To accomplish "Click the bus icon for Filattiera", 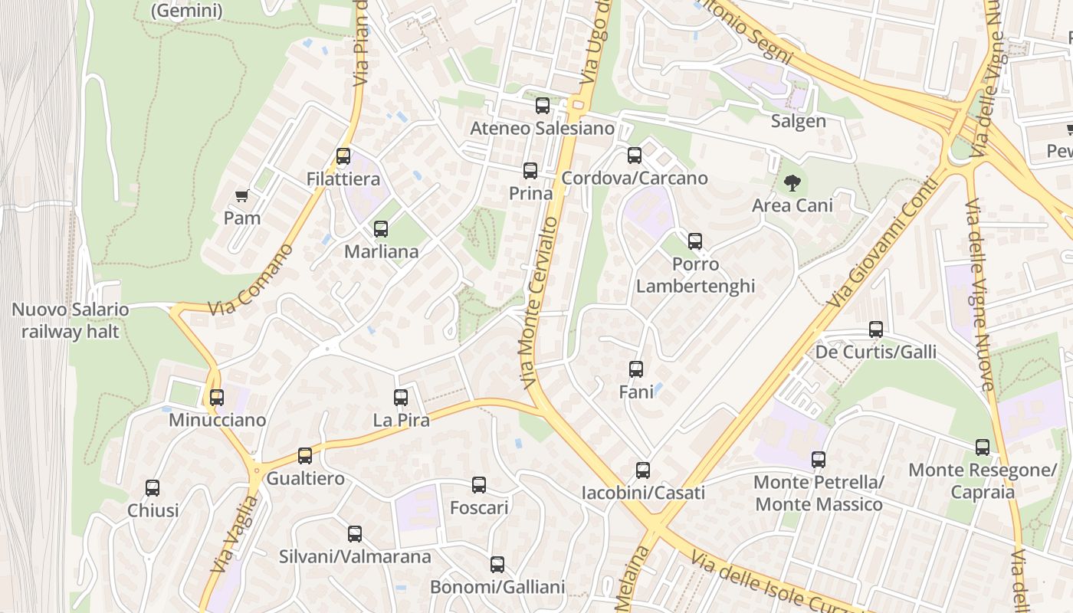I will click(343, 156).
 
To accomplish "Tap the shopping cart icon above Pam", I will click(242, 196).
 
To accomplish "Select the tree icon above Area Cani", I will click(792, 182).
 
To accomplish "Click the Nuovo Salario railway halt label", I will click(71, 321).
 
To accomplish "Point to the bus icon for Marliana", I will click(381, 228).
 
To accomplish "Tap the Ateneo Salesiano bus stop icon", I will click(543, 106).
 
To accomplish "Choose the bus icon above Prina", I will click(530, 171).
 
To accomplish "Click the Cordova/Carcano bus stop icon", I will click(635, 156).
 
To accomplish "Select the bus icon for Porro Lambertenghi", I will click(695, 241).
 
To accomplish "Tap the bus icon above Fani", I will click(636, 369).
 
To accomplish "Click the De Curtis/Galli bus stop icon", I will click(876, 329).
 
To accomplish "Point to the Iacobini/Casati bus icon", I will click(643, 470).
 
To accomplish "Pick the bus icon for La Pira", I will click(401, 397).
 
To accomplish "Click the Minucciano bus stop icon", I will click(217, 397).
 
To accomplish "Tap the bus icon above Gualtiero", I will click(305, 456).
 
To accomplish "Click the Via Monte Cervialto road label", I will click(540, 302).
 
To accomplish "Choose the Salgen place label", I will click(798, 121).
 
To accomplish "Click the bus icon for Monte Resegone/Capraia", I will click(983, 447).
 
